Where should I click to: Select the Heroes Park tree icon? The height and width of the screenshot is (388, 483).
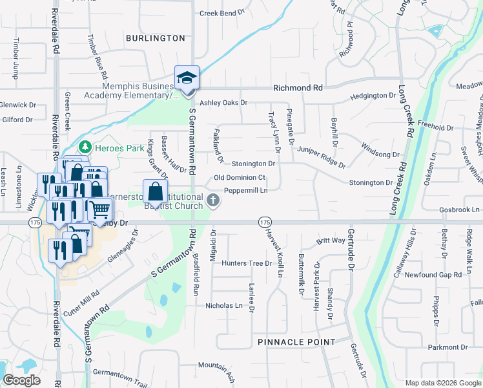[85, 147]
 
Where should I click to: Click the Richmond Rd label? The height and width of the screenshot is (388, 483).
[298, 87]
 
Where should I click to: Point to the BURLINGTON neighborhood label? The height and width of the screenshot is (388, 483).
[156, 38]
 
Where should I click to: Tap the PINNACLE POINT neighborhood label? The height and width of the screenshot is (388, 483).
[296, 341]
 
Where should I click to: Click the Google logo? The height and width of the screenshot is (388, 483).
[21, 380]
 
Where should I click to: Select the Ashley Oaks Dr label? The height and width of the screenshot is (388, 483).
[223, 102]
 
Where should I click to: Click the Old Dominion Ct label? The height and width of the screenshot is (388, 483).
[240, 177]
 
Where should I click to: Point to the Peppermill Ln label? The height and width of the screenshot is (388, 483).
[245, 190]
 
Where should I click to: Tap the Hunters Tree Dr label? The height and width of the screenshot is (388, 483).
[247, 263]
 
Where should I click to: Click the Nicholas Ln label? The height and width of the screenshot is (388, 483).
[224, 305]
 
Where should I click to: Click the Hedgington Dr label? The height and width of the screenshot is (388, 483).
[373, 96]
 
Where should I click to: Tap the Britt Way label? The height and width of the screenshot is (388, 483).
[331, 241]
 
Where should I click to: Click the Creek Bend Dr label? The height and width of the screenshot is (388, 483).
[222, 13]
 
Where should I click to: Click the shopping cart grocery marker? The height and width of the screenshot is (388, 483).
[100, 210]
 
